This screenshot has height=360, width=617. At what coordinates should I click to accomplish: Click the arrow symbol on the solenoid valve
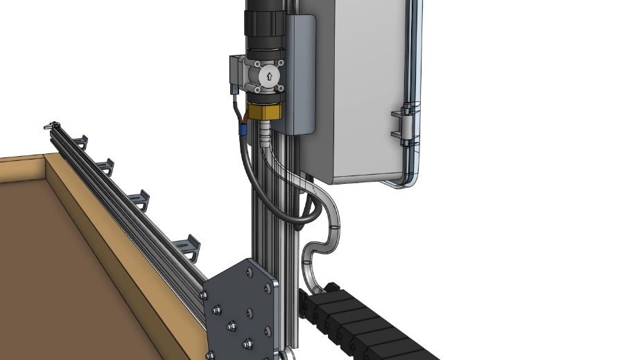tap(268, 76)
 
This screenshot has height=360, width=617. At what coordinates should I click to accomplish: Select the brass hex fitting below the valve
tap(264, 111)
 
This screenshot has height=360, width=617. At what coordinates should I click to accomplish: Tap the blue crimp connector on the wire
tap(243, 129)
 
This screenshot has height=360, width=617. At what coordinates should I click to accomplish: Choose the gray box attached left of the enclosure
tap(301, 73)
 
